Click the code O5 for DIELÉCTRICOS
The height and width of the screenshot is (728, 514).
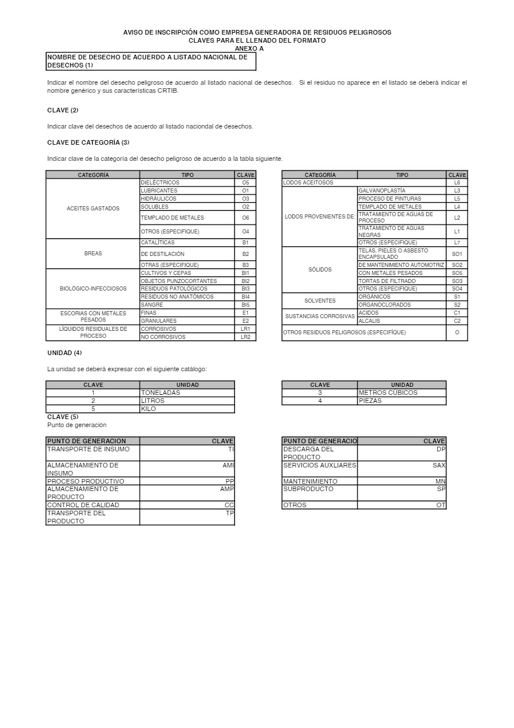click(245, 183)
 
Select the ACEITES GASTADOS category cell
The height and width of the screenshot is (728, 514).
click(93, 209)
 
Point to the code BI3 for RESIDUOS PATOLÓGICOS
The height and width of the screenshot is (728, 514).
click(245, 289)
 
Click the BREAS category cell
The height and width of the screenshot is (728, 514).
click(93, 254)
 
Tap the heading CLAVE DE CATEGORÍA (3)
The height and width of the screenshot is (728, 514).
click(88, 142)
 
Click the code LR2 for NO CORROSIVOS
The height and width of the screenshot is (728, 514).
click(245, 337)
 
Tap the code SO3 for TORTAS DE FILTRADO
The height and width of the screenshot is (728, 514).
click(457, 281)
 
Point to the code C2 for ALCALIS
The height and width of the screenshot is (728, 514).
click(457, 321)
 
